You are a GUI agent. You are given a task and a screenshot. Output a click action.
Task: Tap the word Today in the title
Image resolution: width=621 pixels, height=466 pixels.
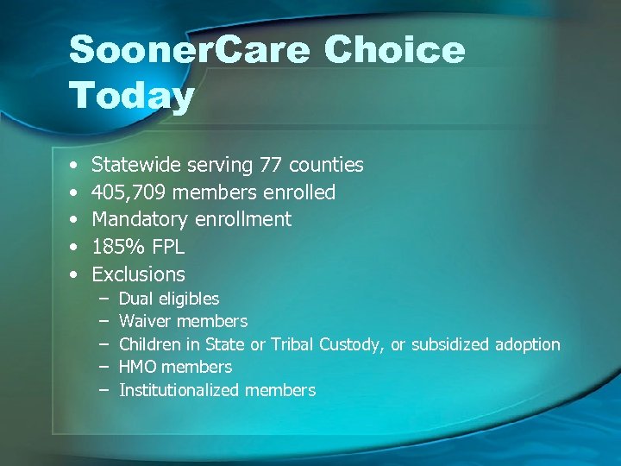point(131,96)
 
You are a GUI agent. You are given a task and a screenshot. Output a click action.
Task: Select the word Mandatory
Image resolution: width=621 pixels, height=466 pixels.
point(142,219)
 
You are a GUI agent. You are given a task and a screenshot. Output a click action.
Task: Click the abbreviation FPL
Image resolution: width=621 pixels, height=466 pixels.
point(167,247)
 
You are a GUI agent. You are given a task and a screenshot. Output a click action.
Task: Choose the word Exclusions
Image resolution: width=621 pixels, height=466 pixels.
point(138,274)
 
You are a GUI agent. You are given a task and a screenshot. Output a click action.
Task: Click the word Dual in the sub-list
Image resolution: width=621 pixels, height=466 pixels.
point(136,299)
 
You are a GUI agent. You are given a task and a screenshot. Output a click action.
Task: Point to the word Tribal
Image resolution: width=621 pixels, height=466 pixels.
point(293,344)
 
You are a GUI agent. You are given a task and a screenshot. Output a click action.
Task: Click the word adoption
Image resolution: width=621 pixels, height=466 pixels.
point(527,344)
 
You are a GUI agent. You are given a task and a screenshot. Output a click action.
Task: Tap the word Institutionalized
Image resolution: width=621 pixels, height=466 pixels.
point(179,390)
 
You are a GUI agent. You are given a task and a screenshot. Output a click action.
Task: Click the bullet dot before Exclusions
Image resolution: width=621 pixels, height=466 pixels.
point(75,274)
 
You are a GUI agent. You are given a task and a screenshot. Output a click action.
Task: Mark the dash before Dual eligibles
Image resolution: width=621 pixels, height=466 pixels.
point(103,299)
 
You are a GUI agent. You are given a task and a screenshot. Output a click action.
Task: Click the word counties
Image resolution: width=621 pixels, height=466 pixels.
point(326,165)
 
